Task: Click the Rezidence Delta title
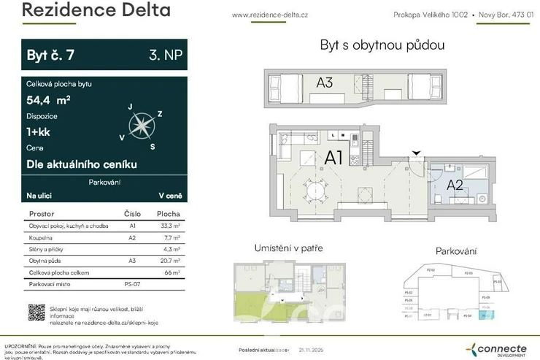tap(96, 11)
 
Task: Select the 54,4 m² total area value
tap(48, 100)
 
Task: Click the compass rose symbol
tap(141, 126)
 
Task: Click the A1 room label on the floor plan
tap(334, 156)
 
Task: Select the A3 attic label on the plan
tap(325, 83)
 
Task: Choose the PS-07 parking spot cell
tap(132, 283)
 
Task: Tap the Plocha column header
tap(169, 214)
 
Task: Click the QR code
tap(36, 312)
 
